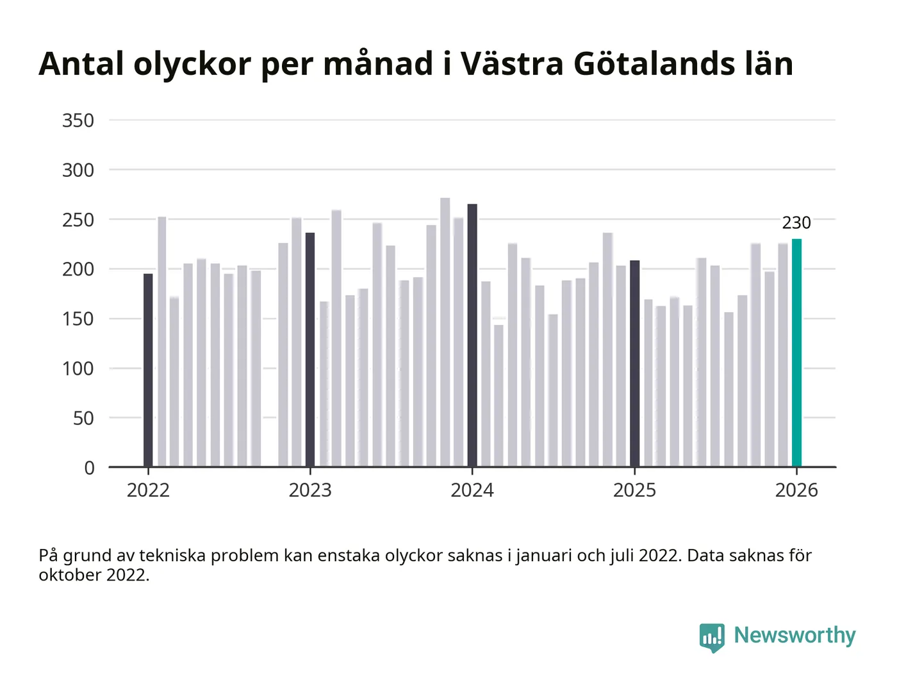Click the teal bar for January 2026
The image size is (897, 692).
(x=796, y=352)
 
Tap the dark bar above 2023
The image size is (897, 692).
(x=310, y=350)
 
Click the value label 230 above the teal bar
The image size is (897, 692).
(x=796, y=223)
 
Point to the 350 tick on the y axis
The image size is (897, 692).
(x=78, y=120)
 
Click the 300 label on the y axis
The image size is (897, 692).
(x=78, y=170)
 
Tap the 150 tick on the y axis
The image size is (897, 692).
(x=78, y=319)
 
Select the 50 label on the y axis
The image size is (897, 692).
(x=83, y=418)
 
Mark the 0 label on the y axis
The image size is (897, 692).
(x=89, y=468)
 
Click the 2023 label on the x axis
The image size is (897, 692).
(x=310, y=490)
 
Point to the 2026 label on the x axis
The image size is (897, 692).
(x=796, y=490)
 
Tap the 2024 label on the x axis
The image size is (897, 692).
(x=472, y=490)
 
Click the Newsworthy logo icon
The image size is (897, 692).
(x=712, y=637)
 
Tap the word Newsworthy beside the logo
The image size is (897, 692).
(x=794, y=635)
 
